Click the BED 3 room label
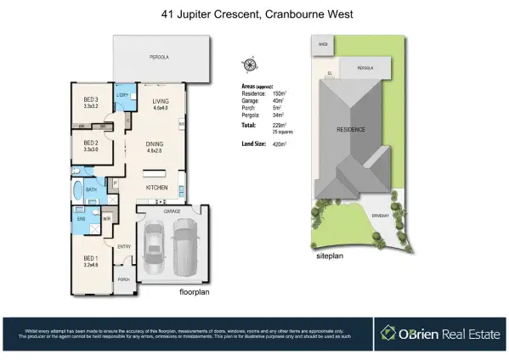point(91,100)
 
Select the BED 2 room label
point(91,143)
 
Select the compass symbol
point(249,65)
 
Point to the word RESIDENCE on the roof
point(352,130)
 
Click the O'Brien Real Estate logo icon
point(389,333)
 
